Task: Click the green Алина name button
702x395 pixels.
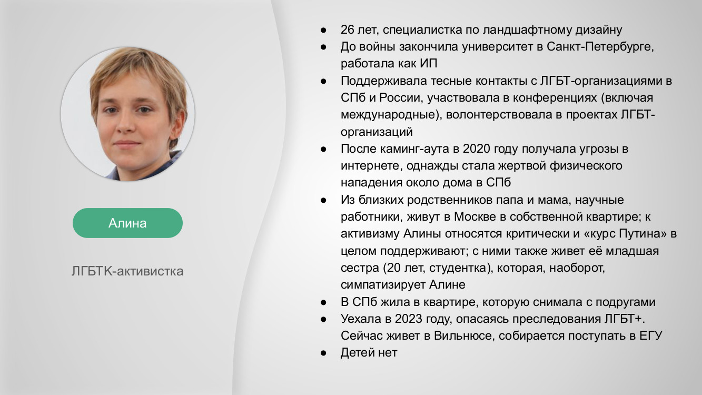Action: click(127, 223)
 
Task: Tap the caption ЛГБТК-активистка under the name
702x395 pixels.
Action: click(127, 271)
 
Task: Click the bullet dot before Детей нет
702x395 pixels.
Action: click(324, 353)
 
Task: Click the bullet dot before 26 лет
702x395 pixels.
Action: click(324, 29)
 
